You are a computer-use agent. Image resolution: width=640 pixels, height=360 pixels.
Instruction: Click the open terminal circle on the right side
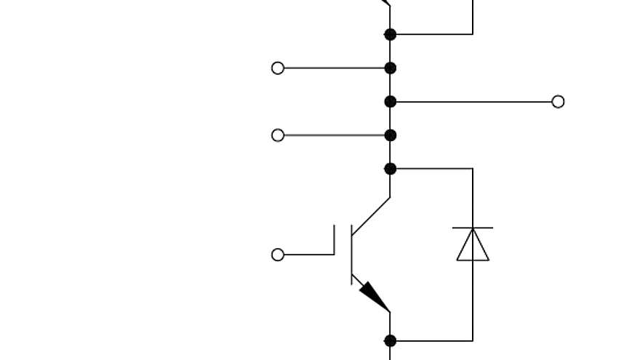[558, 102]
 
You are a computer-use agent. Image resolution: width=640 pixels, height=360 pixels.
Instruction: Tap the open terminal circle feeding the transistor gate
[278, 255]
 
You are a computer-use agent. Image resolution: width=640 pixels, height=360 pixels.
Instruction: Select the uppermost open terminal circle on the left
[278, 68]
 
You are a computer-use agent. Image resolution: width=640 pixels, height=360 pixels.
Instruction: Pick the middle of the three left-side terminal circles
[278, 135]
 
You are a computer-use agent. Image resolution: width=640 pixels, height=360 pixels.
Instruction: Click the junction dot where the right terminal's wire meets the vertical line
[391, 102]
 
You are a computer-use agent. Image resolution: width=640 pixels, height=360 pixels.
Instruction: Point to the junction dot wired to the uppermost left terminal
[391, 68]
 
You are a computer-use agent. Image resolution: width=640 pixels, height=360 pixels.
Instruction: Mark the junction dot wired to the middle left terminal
[391, 135]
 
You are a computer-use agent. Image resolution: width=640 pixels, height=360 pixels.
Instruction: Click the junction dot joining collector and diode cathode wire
[391, 169]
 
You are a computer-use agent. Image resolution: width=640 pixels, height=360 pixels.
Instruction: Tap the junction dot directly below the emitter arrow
[391, 340]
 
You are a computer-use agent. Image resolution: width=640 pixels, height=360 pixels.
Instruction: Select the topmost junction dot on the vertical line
[391, 34]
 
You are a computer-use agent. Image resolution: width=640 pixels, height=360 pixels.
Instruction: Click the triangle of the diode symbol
[473, 245]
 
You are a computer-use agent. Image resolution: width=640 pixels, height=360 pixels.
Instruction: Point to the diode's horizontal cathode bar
[473, 228]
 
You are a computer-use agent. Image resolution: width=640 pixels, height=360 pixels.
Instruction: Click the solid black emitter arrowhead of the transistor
[375, 296]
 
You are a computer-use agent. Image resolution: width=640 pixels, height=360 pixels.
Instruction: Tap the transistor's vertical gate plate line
[335, 240]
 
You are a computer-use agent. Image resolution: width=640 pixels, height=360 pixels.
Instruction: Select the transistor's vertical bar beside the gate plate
[352, 255]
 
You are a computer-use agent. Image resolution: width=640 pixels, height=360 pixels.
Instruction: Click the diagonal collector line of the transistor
[372, 215]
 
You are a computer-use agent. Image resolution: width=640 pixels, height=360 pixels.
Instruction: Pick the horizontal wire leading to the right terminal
[473, 102]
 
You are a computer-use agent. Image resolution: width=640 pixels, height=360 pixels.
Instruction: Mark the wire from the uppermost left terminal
[335, 68]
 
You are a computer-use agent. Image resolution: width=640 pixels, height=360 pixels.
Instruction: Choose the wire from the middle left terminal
[335, 135]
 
